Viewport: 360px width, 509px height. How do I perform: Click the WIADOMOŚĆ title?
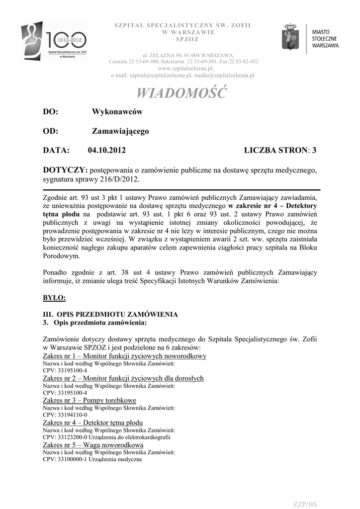click(x=181, y=93)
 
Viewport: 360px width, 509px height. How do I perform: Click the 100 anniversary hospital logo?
click(x=53, y=41)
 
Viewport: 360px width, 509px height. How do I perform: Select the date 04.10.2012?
click(x=107, y=150)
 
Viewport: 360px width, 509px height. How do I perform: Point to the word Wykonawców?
click(x=117, y=112)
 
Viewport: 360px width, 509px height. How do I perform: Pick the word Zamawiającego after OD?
click(x=120, y=131)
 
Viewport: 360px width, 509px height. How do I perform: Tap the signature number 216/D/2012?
click(x=117, y=178)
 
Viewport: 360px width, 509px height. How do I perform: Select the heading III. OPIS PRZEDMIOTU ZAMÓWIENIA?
click(x=110, y=315)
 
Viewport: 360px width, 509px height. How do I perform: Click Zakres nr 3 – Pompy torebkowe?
click(x=90, y=400)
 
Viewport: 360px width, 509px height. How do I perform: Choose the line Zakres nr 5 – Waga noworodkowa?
click(x=93, y=445)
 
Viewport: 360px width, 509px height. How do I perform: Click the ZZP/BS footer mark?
click(x=305, y=504)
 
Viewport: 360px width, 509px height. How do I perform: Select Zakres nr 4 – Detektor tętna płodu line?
click(x=93, y=423)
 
